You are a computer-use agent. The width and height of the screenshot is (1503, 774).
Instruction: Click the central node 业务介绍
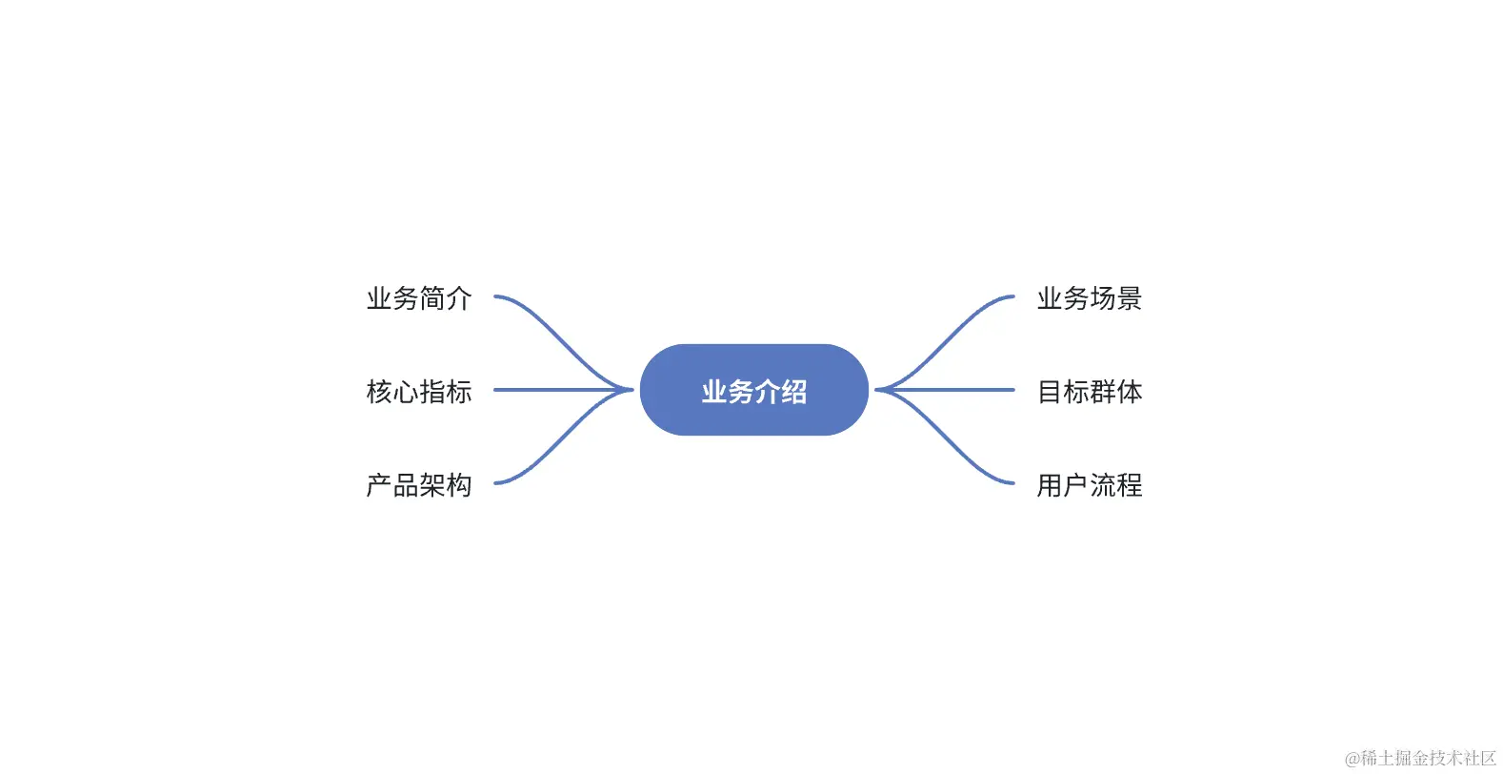pos(753,390)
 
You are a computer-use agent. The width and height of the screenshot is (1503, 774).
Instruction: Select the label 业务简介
pos(419,298)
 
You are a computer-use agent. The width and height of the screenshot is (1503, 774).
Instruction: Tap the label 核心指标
pos(419,392)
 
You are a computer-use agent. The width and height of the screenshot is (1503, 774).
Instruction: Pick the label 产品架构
pos(419,485)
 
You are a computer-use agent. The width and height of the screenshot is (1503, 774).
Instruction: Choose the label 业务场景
pos(1090,298)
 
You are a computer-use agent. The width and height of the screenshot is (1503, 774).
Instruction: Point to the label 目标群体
pos(1090,392)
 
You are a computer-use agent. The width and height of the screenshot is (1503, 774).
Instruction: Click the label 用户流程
pos(1090,485)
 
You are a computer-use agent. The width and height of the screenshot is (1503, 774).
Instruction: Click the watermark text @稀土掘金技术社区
pos(1420,758)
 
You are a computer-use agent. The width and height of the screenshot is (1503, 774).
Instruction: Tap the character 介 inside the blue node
pos(768,391)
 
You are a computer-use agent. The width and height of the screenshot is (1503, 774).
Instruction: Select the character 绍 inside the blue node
pos(794,391)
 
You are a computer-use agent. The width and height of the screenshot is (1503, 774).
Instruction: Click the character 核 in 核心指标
pos(380,392)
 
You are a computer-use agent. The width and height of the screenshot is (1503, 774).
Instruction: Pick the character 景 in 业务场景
pos(1130,298)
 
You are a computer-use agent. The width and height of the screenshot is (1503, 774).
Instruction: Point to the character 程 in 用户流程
pos(1130,485)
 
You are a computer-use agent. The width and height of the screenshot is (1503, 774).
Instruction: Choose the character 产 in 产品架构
pos(380,485)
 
